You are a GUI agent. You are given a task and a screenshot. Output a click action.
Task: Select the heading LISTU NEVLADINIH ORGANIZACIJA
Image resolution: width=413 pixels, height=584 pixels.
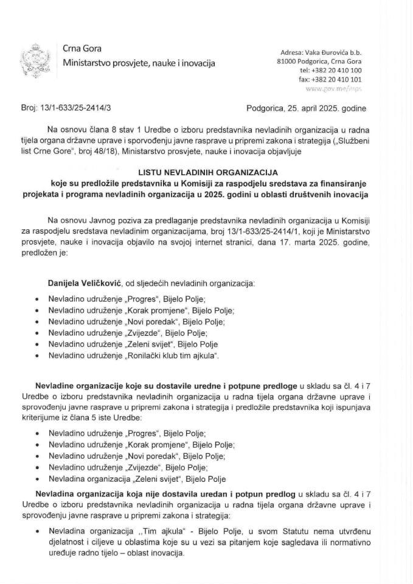click(206, 172)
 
